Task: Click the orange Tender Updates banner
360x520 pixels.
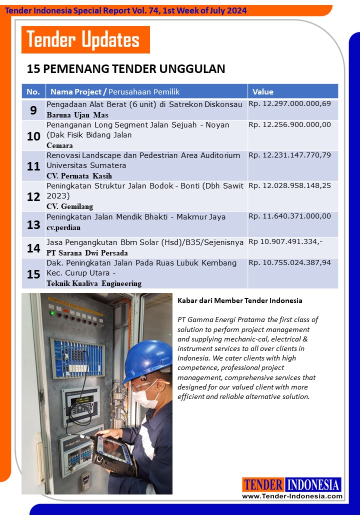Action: point(85,39)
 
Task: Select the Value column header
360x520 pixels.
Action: point(263,91)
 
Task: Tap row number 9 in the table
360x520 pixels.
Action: point(33,110)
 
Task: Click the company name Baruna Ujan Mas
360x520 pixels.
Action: point(77,115)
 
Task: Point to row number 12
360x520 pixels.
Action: point(33,196)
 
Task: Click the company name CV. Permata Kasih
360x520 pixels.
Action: point(79,175)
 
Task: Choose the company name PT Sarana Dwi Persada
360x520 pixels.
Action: point(87,252)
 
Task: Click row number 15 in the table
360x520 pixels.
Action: point(33,273)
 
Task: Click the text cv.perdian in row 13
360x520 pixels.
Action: point(63,227)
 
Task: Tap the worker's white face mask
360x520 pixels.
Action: point(146,395)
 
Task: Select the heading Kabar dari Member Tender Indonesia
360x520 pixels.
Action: point(239,300)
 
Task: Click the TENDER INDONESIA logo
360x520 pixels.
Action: point(292,484)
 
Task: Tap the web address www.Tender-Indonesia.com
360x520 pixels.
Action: point(292,496)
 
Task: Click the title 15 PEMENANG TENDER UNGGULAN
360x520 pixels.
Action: point(126,68)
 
